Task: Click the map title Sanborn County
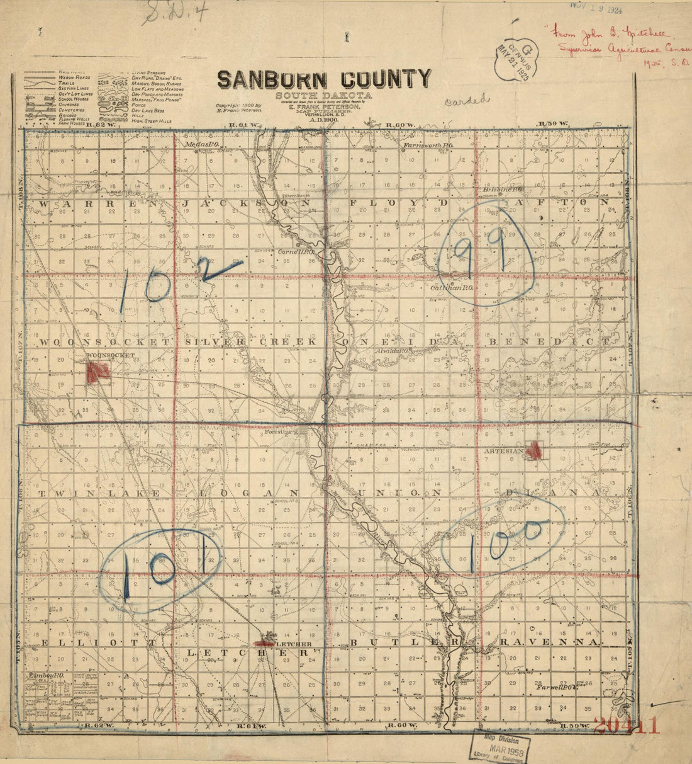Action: point(324,79)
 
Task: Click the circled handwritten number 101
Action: point(160,567)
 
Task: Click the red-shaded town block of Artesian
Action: point(534,450)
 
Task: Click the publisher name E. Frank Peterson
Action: point(324,108)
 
